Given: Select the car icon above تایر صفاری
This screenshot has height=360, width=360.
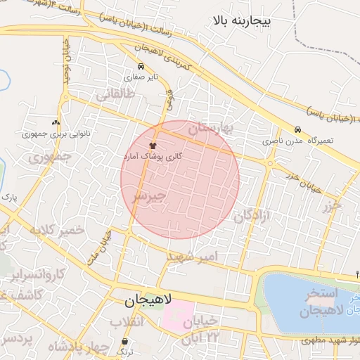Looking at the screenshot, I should coord(142,67).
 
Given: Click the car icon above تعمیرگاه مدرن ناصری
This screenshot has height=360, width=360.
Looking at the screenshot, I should coord(297,130).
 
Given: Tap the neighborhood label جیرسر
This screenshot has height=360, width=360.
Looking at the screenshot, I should coord(149,195).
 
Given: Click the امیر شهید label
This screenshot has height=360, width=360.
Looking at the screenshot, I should coord(194,257).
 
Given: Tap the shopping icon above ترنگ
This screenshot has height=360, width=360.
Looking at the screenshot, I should coord(124,340).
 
